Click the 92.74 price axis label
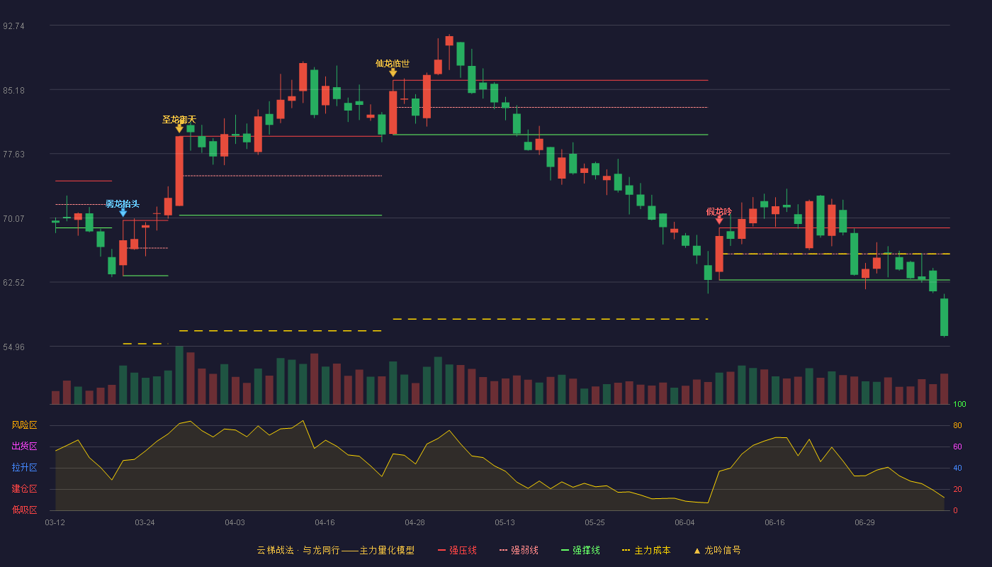[13, 26]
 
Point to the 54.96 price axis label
[13, 347]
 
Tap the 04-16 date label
[325, 523]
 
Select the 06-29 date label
[864, 523]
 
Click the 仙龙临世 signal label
[393, 63]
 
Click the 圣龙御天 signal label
[179, 120]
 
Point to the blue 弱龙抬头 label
[122, 204]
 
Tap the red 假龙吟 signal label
[718, 212]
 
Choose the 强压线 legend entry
[457, 550]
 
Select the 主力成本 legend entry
[646, 550]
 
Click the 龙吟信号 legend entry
[717, 550]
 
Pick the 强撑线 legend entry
[580, 550]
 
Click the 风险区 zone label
[24, 425]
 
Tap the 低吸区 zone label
[24, 510]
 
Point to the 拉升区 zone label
[24, 468]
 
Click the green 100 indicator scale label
[959, 404]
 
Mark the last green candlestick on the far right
[944, 318]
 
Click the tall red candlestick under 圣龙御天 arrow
[179, 171]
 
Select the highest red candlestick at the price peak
[449, 41]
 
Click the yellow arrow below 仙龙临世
[393, 72]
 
